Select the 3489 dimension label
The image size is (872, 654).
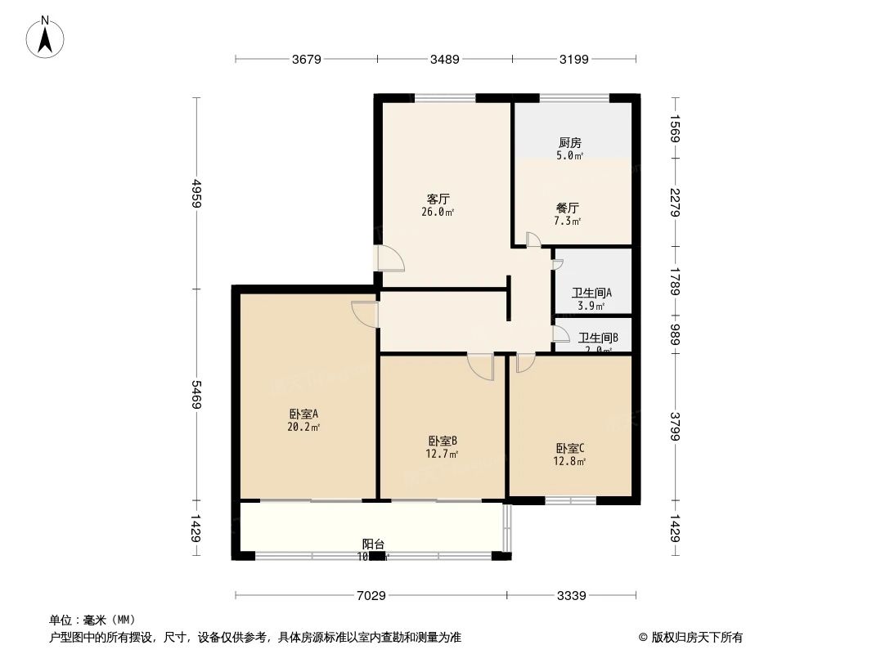(x=445, y=59)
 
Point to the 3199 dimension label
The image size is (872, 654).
(x=574, y=59)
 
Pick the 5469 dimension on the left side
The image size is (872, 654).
(x=196, y=395)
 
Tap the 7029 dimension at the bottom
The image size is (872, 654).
(x=371, y=595)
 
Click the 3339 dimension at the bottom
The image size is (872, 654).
(x=571, y=595)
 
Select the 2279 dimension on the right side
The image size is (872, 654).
(x=675, y=202)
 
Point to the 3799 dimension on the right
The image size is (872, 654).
(x=675, y=426)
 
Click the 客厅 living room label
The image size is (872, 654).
(x=438, y=204)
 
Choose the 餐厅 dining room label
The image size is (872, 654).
(x=568, y=214)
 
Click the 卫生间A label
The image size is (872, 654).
(x=591, y=298)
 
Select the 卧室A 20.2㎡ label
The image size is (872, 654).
(x=303, y=419)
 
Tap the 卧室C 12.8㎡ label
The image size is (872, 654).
(x=570, y=454)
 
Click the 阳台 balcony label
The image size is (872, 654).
(x=373, y=549)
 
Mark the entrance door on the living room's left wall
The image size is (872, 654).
(x=389, y=258)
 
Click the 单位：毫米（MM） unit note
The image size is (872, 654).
(x=92, y=619)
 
